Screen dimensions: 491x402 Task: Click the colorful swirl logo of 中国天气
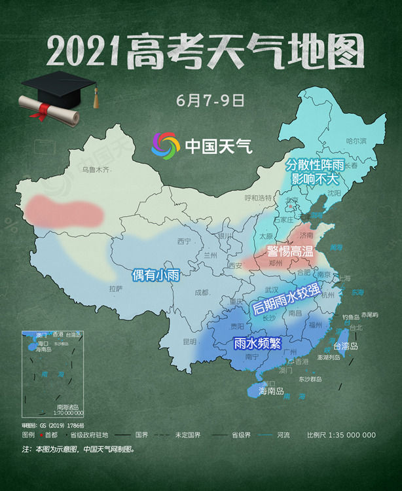pos(165,145)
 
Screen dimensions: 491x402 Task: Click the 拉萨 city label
pos(115,287)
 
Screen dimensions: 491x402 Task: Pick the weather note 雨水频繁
pos(257,342)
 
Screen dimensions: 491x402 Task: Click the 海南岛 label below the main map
pos(270,391)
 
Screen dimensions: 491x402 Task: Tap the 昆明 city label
pos(189,341)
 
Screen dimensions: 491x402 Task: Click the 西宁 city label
pos(184,241)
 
